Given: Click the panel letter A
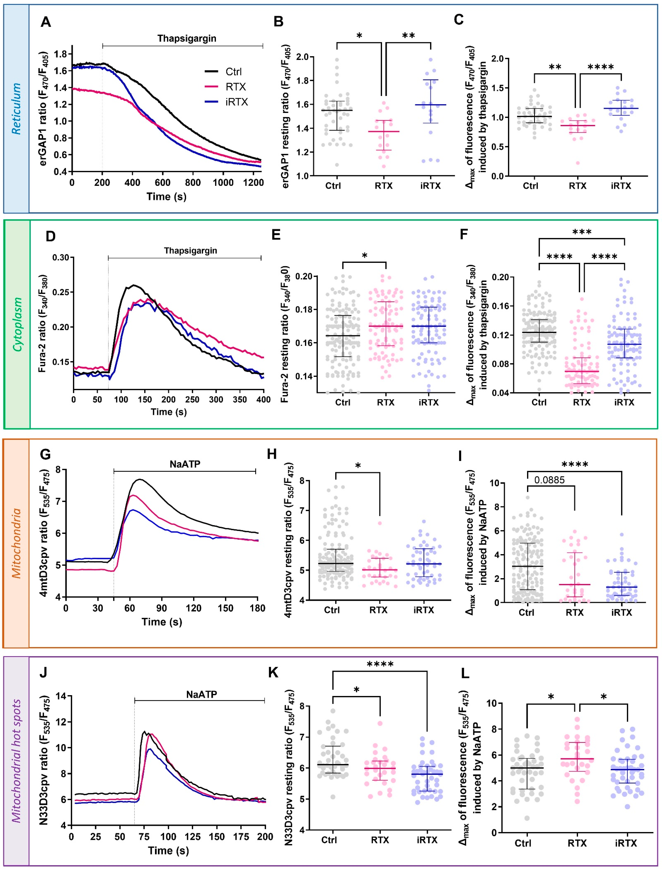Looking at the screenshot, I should pyautogui.click(x=46, y=22).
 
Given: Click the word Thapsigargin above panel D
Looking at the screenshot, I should pyautogui.click(x=190, y=251).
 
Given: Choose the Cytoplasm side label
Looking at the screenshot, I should pyautogui.click(x=17, y=324).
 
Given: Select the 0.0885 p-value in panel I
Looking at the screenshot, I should pyautogui.click(x=549, y=480).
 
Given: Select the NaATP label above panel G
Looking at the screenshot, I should pyautogui.click(x=185, y=464).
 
